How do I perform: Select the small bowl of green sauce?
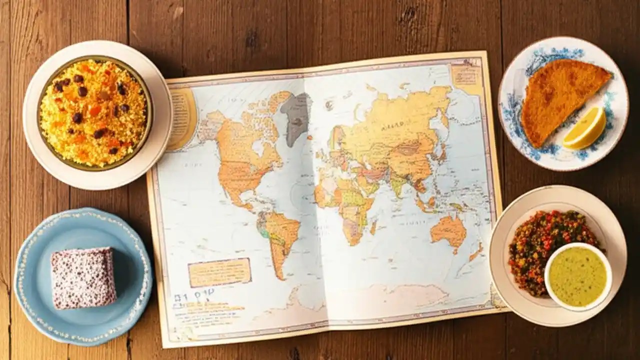tap(577, 276)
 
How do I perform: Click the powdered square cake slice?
tap(83, 277)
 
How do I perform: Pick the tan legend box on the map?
tap(219, 272)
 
